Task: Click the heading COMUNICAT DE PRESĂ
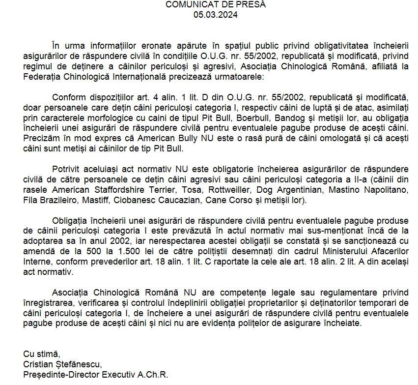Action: (x=215, y=5)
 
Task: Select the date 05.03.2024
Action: (x=215, y=15)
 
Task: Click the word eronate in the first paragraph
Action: (x=135, y=46)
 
